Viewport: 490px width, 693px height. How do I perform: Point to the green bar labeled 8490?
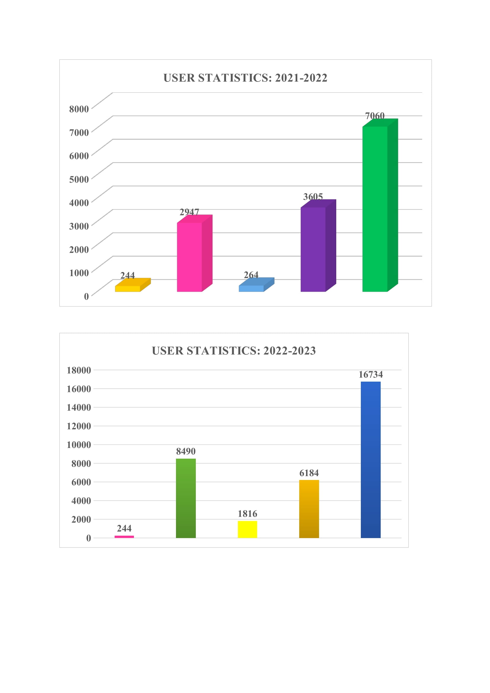(186, 498)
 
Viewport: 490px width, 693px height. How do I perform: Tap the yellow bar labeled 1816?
(247, 529)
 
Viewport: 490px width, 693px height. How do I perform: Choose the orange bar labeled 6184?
(309, 509)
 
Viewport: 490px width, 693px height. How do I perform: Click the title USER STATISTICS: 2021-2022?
(245, 78)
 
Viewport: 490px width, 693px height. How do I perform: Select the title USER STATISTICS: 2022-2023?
(234, 351)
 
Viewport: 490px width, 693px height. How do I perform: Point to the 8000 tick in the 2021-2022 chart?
(79, 109)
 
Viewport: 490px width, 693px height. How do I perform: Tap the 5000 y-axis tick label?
(79, 179)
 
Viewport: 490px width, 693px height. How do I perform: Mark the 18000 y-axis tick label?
(79, 370)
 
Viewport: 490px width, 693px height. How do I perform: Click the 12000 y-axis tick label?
(79, 426)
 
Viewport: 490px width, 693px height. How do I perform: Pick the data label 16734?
(371, 374)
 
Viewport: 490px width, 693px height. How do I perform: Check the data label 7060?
(375, 116)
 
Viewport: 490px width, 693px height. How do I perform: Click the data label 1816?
(247, 514)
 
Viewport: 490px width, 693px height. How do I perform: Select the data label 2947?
(189, 212)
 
